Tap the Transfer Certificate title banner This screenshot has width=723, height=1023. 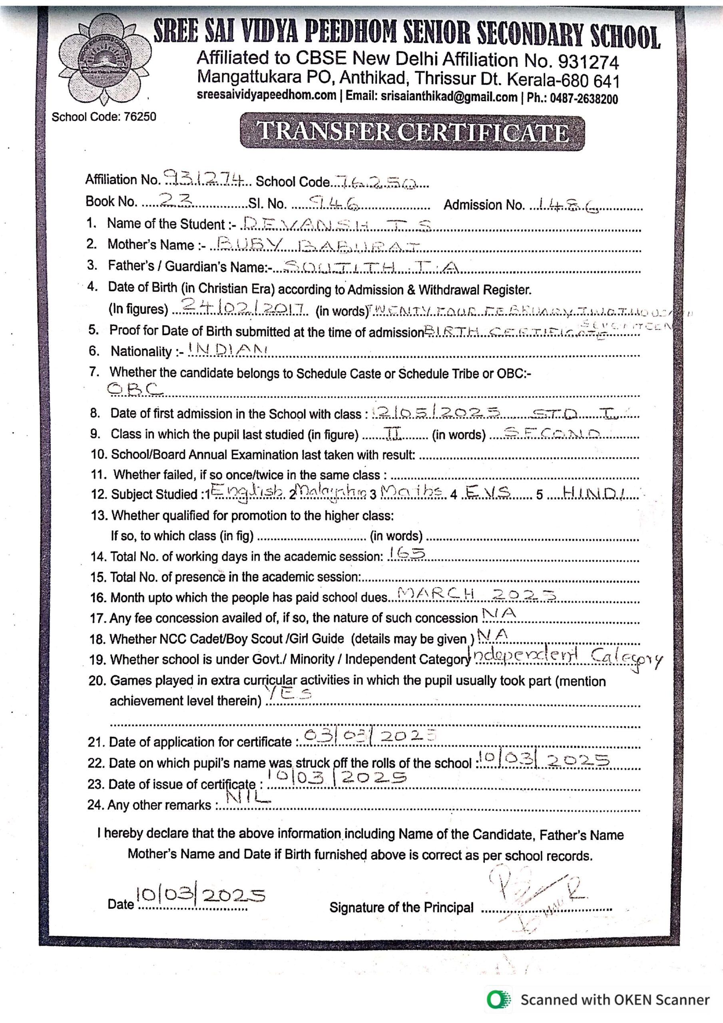412,132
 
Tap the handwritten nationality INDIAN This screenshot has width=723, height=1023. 227,349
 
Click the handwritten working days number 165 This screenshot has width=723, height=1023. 406,554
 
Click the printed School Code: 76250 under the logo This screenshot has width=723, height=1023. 104,117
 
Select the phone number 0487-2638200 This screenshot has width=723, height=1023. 584,98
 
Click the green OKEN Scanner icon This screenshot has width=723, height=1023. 499,999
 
